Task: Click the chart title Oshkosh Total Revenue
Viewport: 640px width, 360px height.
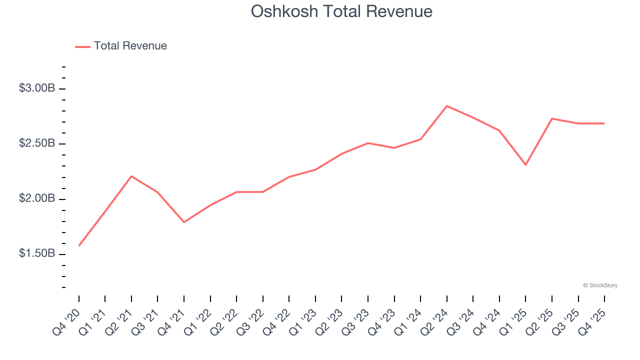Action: coord(341,11)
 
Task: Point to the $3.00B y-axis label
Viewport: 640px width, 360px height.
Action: coord(37,88)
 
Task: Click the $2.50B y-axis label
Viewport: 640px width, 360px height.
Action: coord(37,143)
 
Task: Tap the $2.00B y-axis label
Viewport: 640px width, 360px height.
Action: coord(37,199)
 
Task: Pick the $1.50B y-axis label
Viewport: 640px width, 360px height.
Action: coord(37,254)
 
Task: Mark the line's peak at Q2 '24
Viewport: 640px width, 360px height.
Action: coord(446,106)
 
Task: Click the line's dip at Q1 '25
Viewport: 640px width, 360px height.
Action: coord(525,165)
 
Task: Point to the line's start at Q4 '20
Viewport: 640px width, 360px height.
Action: coord(79,245)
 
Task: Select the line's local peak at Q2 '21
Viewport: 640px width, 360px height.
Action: coord(131,176)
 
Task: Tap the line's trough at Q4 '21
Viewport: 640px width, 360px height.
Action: coord(184,222)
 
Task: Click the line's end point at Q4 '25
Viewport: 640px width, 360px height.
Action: coord(604,123)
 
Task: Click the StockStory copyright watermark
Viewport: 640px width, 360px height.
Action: coord(600,285)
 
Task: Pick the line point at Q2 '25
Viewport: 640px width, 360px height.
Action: coord(551,118)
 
